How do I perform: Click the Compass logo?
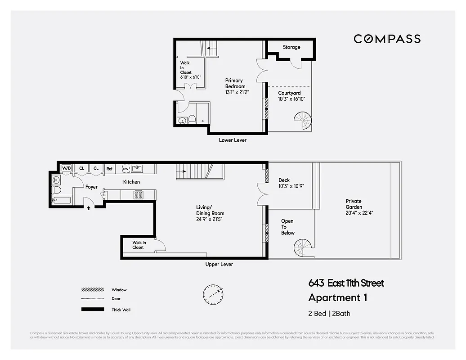click(387, 39)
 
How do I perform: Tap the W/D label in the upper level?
click(66, 168)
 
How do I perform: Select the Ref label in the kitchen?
click(109, 169)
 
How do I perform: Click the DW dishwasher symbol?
click(126, 169)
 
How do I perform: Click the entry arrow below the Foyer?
click(88, 208)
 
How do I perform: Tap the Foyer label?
click(91, 187)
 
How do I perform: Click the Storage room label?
click(291, 47)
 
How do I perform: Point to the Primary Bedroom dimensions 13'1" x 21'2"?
click(237, 92)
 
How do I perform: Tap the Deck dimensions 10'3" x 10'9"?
click(291, 186)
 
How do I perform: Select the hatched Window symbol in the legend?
click(90, 290)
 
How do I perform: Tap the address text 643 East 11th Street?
click(346, 283)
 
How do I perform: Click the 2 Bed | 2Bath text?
click(329, 314)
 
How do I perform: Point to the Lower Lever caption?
click(233, 140)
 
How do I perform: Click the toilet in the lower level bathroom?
click(192, 119)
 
